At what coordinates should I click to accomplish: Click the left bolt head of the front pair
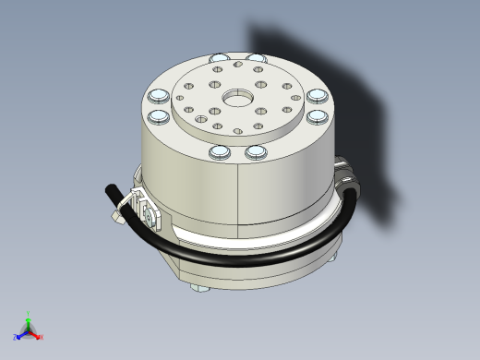(x=220, y=151)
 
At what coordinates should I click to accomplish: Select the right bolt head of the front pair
(x=256, y=150)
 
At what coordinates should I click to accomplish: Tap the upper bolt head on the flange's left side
(x=157, y=97)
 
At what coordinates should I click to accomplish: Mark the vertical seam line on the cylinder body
(x=239, y=194)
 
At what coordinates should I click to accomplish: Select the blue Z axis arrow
(x=20, y=334)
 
